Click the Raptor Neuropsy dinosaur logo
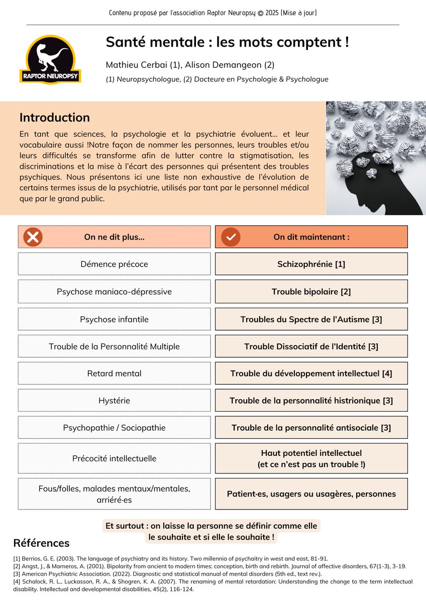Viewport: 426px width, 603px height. tap(50, 59)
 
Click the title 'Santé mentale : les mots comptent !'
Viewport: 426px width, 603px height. tap(227, 42)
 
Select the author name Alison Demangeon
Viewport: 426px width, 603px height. tap(231, 65)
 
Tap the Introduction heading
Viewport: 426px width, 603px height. tap(54, 118)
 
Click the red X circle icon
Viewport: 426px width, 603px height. tap(33, 237)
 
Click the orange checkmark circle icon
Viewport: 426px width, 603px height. tap(231, 237)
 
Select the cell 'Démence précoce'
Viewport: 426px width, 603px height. tap(114, 264)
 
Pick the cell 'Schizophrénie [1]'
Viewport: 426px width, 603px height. tap(311, 264)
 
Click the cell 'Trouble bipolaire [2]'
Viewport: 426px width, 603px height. tap(311, 291)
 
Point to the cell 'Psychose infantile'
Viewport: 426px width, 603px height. tap(114, 319)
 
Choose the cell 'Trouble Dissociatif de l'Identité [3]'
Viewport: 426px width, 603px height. tap(311, 346)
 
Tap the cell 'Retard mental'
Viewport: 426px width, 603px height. tap(114, 373)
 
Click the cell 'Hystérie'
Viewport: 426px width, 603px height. tap(114, 400)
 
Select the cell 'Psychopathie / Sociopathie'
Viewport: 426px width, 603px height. tap(114, 428)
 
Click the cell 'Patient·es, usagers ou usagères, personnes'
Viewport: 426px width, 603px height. tap(311, 493)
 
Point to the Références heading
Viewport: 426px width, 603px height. tap(41, 543)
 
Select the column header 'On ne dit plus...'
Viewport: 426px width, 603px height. tap(114, 237)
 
